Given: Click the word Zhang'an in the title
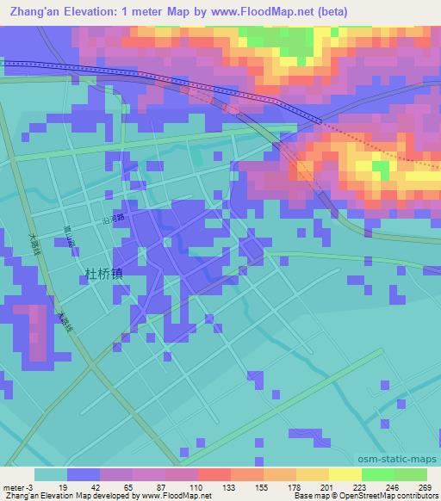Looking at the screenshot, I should pos(34,11).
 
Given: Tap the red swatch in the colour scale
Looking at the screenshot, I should pos(214,474).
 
